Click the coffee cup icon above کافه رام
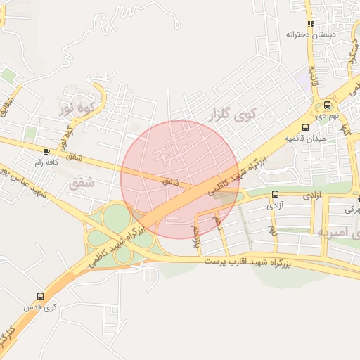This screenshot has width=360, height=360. (x=46, y=150)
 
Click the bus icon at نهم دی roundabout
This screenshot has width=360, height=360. (x=327, y=105)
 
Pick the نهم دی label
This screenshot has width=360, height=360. (x=327, y=115)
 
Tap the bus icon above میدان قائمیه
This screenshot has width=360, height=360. (x=305, y=128)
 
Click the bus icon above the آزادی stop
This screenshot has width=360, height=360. (x=275, y=195)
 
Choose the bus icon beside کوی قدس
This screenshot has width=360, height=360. (x=39, y=296)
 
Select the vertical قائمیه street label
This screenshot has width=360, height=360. (x=314, y=77)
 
